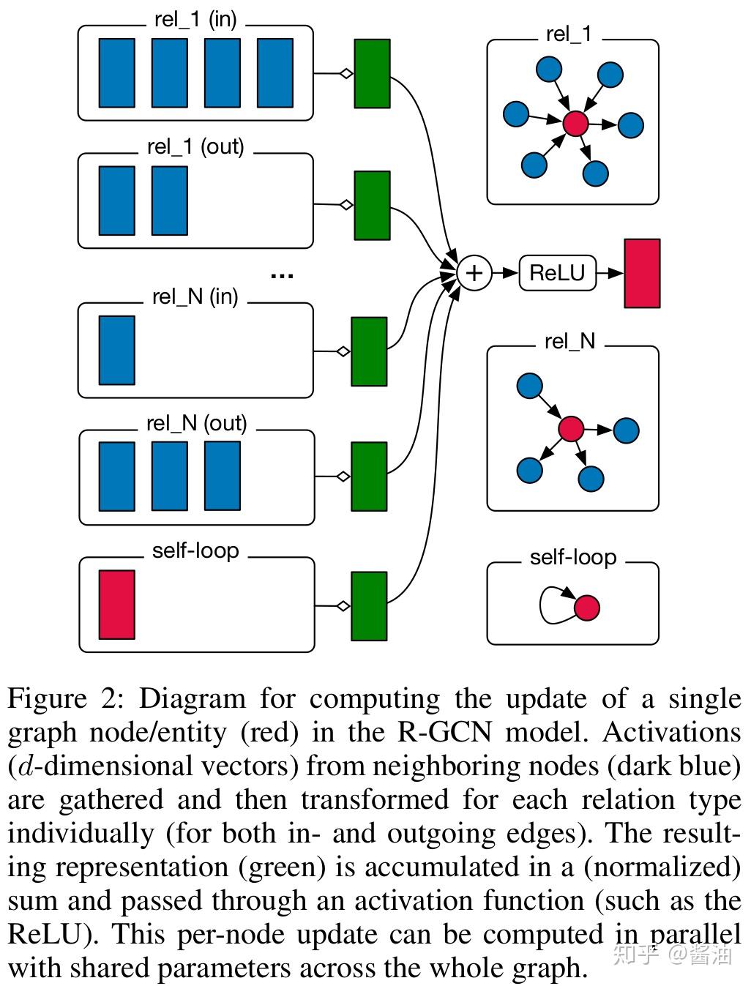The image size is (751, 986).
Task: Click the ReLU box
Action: click(558, 272)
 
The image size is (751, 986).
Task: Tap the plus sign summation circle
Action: click(474, 272)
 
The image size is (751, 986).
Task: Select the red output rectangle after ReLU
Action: click(643, 273)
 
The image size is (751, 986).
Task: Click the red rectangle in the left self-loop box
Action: click(117, 604)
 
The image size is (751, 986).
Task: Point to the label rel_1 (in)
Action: click(195, 19)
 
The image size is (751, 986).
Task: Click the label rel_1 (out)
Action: click(195, 146)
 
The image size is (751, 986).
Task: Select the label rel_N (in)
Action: click(195, 296)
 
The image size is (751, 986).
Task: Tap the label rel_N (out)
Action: click(197, 423)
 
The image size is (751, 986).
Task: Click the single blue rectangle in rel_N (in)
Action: click(117, 350)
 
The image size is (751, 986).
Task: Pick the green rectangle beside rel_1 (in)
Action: click(372, 74)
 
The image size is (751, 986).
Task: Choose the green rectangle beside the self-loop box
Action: click(369, 606)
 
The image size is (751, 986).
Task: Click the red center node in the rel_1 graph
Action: click(575, 124)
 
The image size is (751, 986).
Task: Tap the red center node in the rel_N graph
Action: click(571, 428)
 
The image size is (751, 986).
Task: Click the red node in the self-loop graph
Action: click(586, 608)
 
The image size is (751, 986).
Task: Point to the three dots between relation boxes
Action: click(282, 276)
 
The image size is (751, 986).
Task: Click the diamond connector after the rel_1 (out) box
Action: click(346, 205)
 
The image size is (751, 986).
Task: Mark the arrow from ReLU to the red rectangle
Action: click(610, 272)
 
